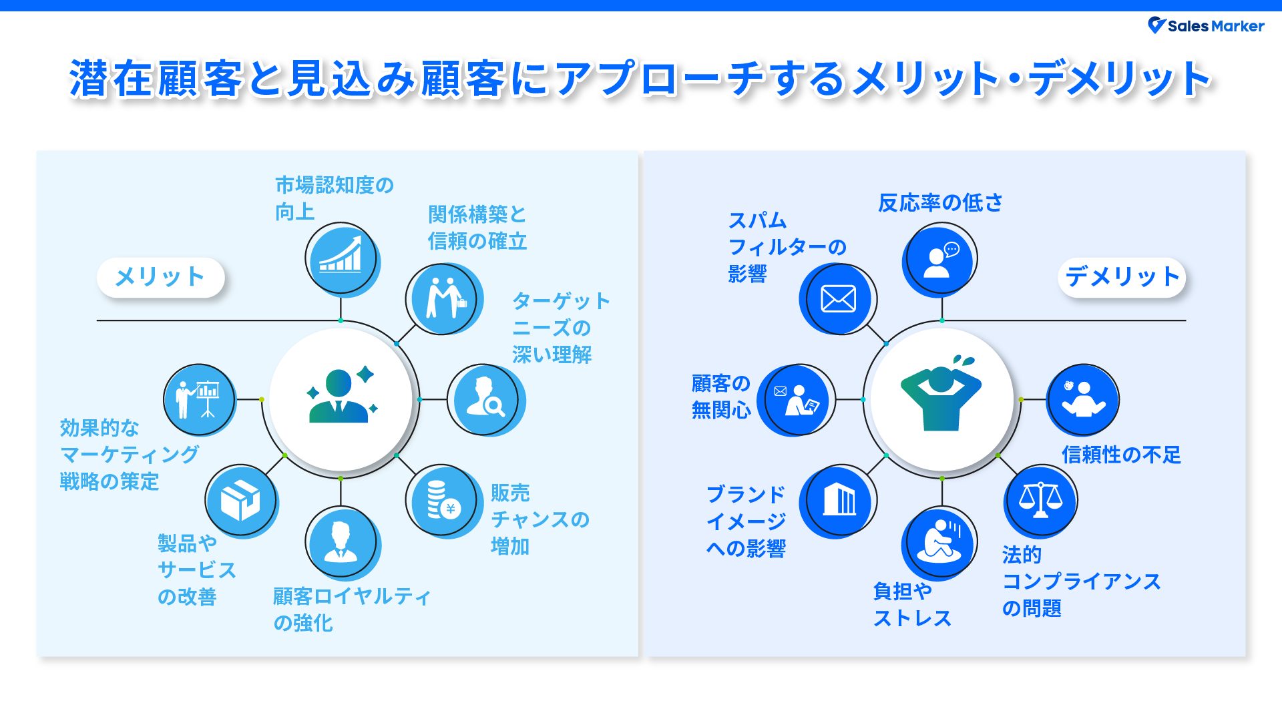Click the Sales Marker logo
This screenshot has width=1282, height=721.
1205,26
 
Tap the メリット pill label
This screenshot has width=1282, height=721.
160,277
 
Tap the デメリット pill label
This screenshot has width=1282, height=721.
1122,277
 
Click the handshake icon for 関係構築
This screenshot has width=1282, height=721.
441,298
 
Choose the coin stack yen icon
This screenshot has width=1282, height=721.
441,500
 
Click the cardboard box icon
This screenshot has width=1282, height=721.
240,501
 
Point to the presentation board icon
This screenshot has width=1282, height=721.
199,399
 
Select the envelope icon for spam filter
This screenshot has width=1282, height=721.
838,298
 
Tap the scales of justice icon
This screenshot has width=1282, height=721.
1040,500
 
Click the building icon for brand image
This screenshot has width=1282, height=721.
838,500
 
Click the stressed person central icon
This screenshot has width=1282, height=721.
941,399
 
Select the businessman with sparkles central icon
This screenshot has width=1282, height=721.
341,399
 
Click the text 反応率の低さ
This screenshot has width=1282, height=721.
940,203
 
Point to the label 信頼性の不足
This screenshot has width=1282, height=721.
1121,455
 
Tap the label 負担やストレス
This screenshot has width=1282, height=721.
911,605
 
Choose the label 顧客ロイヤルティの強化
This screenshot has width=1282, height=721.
351,610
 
